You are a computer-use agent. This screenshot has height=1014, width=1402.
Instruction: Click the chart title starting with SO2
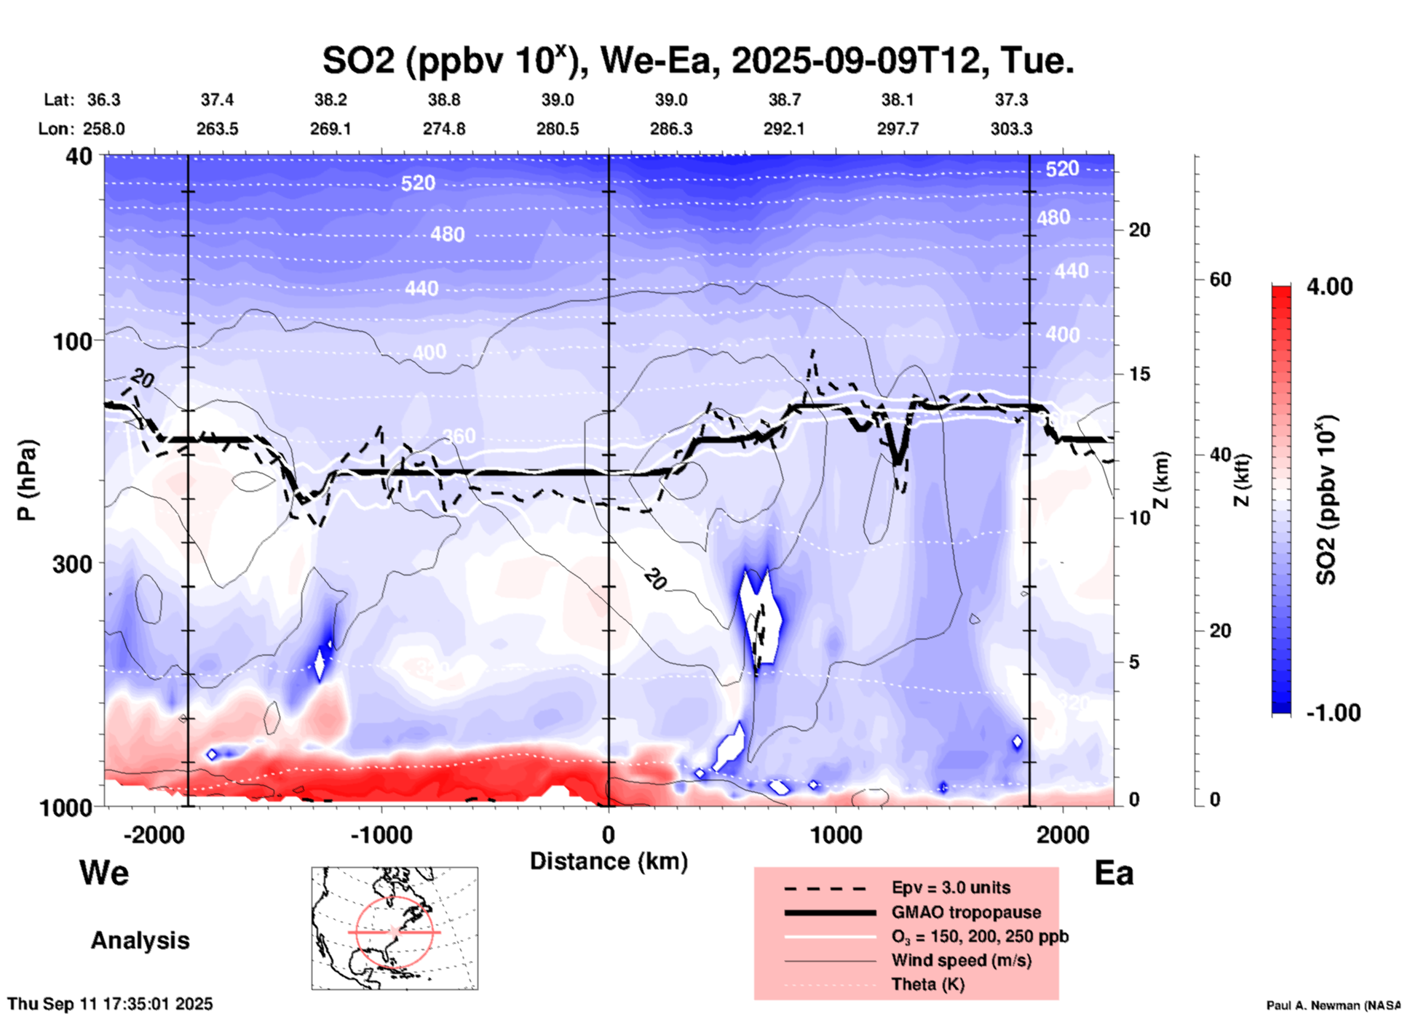pyautogui.click(x=697, y=60)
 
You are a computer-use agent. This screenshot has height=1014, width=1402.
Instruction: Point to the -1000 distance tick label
pyautogui.click(x=381, y=835)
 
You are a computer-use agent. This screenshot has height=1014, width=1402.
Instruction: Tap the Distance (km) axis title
pyautogui.click(x=609, y=861)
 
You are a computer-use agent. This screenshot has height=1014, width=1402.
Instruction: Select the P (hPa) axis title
pyautogui.click(x=27, y=480)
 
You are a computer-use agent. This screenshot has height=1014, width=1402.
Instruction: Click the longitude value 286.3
pyautogui.click(x=670, y=129)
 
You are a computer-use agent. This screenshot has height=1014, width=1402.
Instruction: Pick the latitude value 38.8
pyautogui.click(x=443, y=100)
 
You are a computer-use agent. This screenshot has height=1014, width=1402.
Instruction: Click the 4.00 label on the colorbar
pyautogui.click(x=1329, y=287)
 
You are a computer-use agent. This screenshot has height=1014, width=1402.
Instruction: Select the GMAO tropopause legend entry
pyautogui.click(x=966, y=912)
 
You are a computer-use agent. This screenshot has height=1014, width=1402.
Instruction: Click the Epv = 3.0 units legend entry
pyautogui.click(x=951, y=887)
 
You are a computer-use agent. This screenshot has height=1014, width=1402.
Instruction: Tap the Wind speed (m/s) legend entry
pyautogui.click(x=961, y=960)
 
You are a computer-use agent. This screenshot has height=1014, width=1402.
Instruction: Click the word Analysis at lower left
pyautogui.click(x=140, y=941)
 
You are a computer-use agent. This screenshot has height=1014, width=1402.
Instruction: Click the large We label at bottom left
pyautogui.click(x=104, y=873)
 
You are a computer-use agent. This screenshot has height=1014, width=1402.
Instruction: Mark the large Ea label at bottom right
pyautogui.click(x=1114, y=873)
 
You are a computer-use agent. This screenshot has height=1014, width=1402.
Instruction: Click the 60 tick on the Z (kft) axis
pyautogui.click(x=1220, y=280)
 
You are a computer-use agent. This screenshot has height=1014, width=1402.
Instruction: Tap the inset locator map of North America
pyautogui.click(x=395, y=927)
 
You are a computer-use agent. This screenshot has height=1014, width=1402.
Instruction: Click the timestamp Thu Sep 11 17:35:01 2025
pyautogui.click(x=110, y=1004)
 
